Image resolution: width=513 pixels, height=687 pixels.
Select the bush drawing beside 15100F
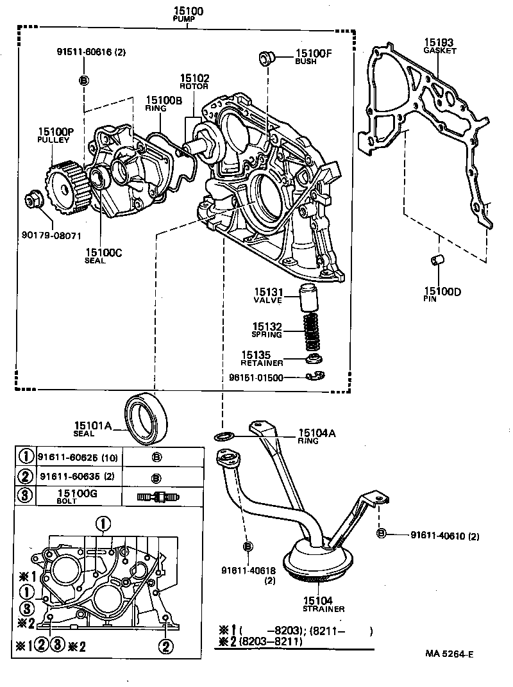(x=266, y=58)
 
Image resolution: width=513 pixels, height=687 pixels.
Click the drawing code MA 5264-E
(x=448, y=654)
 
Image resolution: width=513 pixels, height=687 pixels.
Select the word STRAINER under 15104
(x=324, y=609)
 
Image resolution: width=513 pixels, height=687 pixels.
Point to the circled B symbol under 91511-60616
(x=83, y=80)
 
